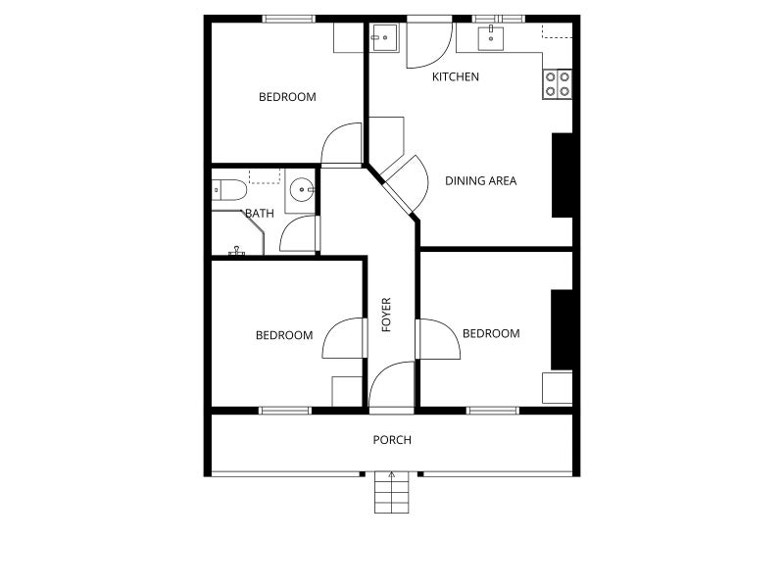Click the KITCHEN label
tap(455, 77)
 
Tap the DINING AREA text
tap(480, 181)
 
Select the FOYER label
tap(386, 315)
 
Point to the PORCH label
tap(392, 440)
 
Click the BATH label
tap(260, 214)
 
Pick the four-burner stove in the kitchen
tap(557, 84)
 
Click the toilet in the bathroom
tap(229, 190)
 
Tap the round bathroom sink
tap(302, 190)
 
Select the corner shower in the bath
tap(237, 233)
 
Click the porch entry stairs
tap(392, 493)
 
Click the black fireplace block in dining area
tap(562, 175)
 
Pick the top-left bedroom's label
tap(287, 97)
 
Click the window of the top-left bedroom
tap(289, 19)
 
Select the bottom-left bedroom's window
tap(285, 411)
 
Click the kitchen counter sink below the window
tap(491, 37)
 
